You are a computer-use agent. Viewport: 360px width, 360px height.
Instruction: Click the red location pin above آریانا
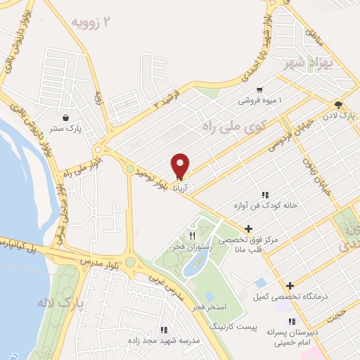pos(181,164)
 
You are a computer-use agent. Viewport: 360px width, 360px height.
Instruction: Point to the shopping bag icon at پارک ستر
pos(65,117)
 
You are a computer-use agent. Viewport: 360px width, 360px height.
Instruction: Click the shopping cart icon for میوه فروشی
pos(260,89)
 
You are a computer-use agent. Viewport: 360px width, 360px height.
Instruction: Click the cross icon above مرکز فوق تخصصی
pos(247,229)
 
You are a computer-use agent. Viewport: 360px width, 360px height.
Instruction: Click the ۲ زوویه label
pos(91,22)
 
